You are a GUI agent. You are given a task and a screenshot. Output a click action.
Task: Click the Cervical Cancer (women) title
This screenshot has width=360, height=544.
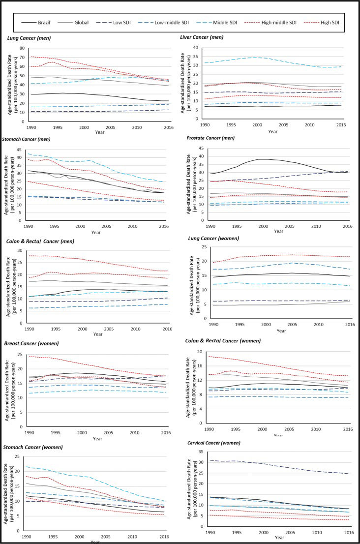coord(215,441)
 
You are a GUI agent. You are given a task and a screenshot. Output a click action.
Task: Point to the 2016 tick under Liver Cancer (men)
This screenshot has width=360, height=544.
coord(347,125)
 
